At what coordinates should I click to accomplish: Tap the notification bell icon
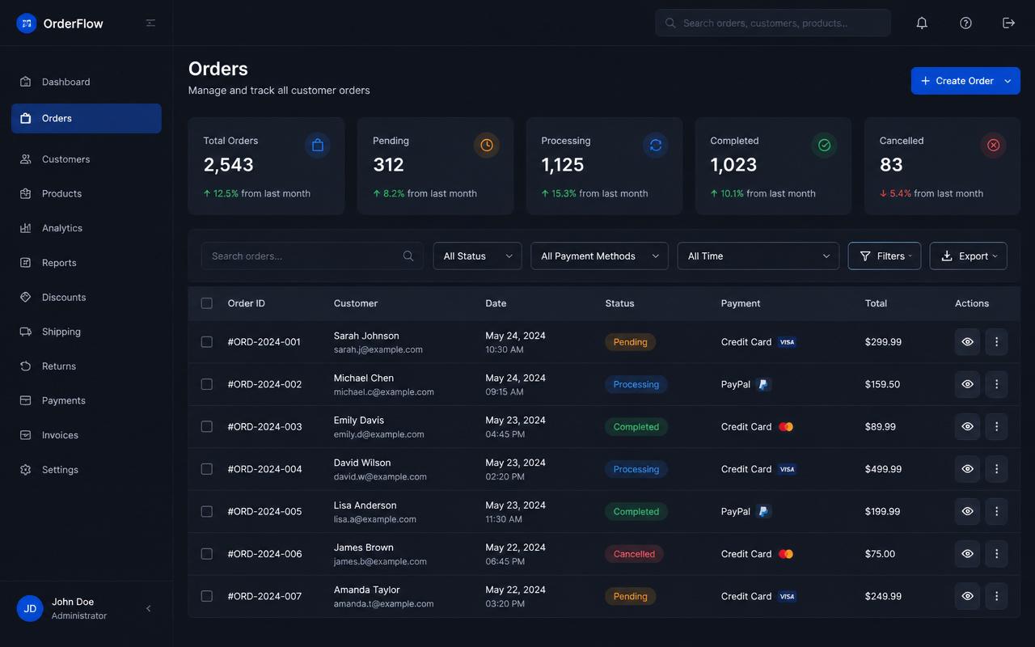922,23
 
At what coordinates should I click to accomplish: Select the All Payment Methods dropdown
599,256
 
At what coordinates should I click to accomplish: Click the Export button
968,256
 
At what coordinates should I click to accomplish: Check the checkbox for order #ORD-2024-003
206,426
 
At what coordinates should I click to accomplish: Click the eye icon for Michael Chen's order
968,384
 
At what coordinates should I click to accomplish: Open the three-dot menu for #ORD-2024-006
997,554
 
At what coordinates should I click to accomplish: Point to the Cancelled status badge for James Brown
634,554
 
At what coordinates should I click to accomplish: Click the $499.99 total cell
883,469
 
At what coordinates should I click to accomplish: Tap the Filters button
885,256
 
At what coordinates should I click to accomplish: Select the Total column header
876,303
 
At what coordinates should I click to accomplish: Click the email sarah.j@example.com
378,350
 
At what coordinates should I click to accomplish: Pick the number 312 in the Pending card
388,165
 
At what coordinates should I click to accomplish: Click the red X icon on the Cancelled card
994,145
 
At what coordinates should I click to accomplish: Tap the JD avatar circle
30,608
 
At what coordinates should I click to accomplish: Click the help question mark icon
965,23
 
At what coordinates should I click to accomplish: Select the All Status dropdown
477,256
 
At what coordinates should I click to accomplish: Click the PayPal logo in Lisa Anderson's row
763,512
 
